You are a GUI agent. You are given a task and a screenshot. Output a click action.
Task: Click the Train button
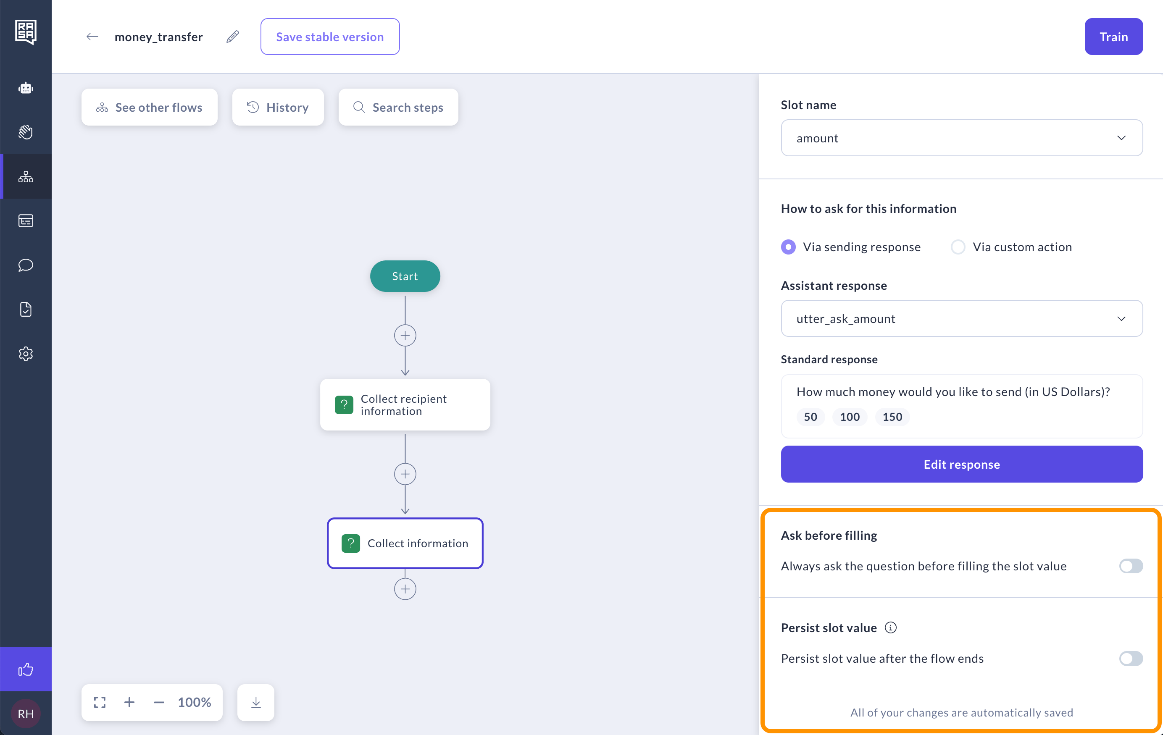click(x=1113, y=37)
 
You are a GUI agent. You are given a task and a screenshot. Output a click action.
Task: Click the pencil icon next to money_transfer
click(x=233, y=37)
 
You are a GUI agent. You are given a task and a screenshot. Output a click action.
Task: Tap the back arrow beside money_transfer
click(x=92, y=37)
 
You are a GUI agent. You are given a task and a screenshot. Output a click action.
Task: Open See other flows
click(x=149, y=107)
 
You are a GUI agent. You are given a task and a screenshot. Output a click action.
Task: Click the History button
click(x=278, y=107)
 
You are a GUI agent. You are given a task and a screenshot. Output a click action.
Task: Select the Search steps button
click(x=398, y=107)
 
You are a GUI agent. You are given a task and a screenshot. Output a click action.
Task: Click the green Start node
click(x=405, y=276)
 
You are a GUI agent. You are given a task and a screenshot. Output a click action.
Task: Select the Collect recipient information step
click(x=405, y=405)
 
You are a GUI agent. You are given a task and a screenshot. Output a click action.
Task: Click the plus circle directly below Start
click(x=405, y=336)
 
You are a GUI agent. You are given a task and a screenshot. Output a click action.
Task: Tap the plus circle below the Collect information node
click(x=405, y=589)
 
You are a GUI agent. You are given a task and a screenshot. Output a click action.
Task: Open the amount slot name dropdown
click(x=962, y=138)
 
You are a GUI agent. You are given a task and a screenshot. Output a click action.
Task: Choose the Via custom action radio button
click(x=958, y=247)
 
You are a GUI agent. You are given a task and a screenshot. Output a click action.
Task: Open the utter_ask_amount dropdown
click(x=962, y=319)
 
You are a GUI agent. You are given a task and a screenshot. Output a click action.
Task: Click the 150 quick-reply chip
click(x=892, y=417)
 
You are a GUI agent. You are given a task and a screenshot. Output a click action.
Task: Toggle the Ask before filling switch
click(x=1131, y=566)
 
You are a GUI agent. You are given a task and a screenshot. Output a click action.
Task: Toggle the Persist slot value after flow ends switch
click(x=1131, y=659)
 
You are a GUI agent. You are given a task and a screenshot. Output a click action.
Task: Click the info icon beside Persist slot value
click(x=891, y=628)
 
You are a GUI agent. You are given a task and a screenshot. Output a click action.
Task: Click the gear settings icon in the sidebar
click(x=26, y=354)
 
